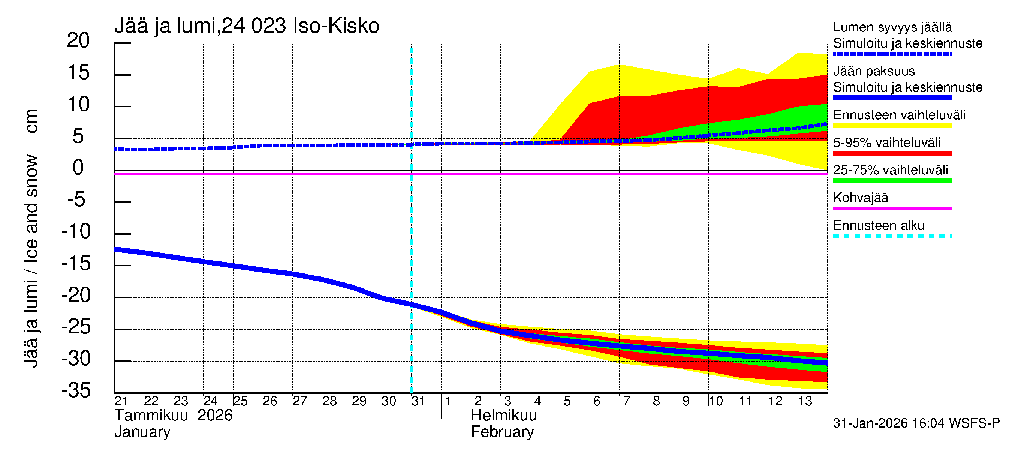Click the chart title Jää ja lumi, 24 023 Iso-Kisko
click(x=247, y=26)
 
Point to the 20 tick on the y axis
click(x=78, y=40)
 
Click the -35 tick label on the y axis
click(x=76, y=391)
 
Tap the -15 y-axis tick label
click(x=76, y=263)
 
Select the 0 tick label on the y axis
click(x=78, y=168)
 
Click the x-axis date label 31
click(x=418, y=401)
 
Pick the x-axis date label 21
click(x=121, y=401)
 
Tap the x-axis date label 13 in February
click(x=805, y=401)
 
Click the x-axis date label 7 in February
click(x=626, y=401)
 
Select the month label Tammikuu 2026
click(x=173, y=415)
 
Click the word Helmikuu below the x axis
click(x=503, y=415)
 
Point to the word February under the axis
click(x=502, y=432)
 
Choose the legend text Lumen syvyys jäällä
click(x=892, y=27)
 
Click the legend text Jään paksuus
click(x=874, y=71)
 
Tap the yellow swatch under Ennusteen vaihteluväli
click(x=892, y=126)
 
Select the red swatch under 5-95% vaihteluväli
click(x=892, y=153)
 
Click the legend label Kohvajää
click(x=860, y=198)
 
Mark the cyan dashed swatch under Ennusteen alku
click(x=892, y=236)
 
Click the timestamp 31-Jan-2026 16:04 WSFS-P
click(x=916, y=423)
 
